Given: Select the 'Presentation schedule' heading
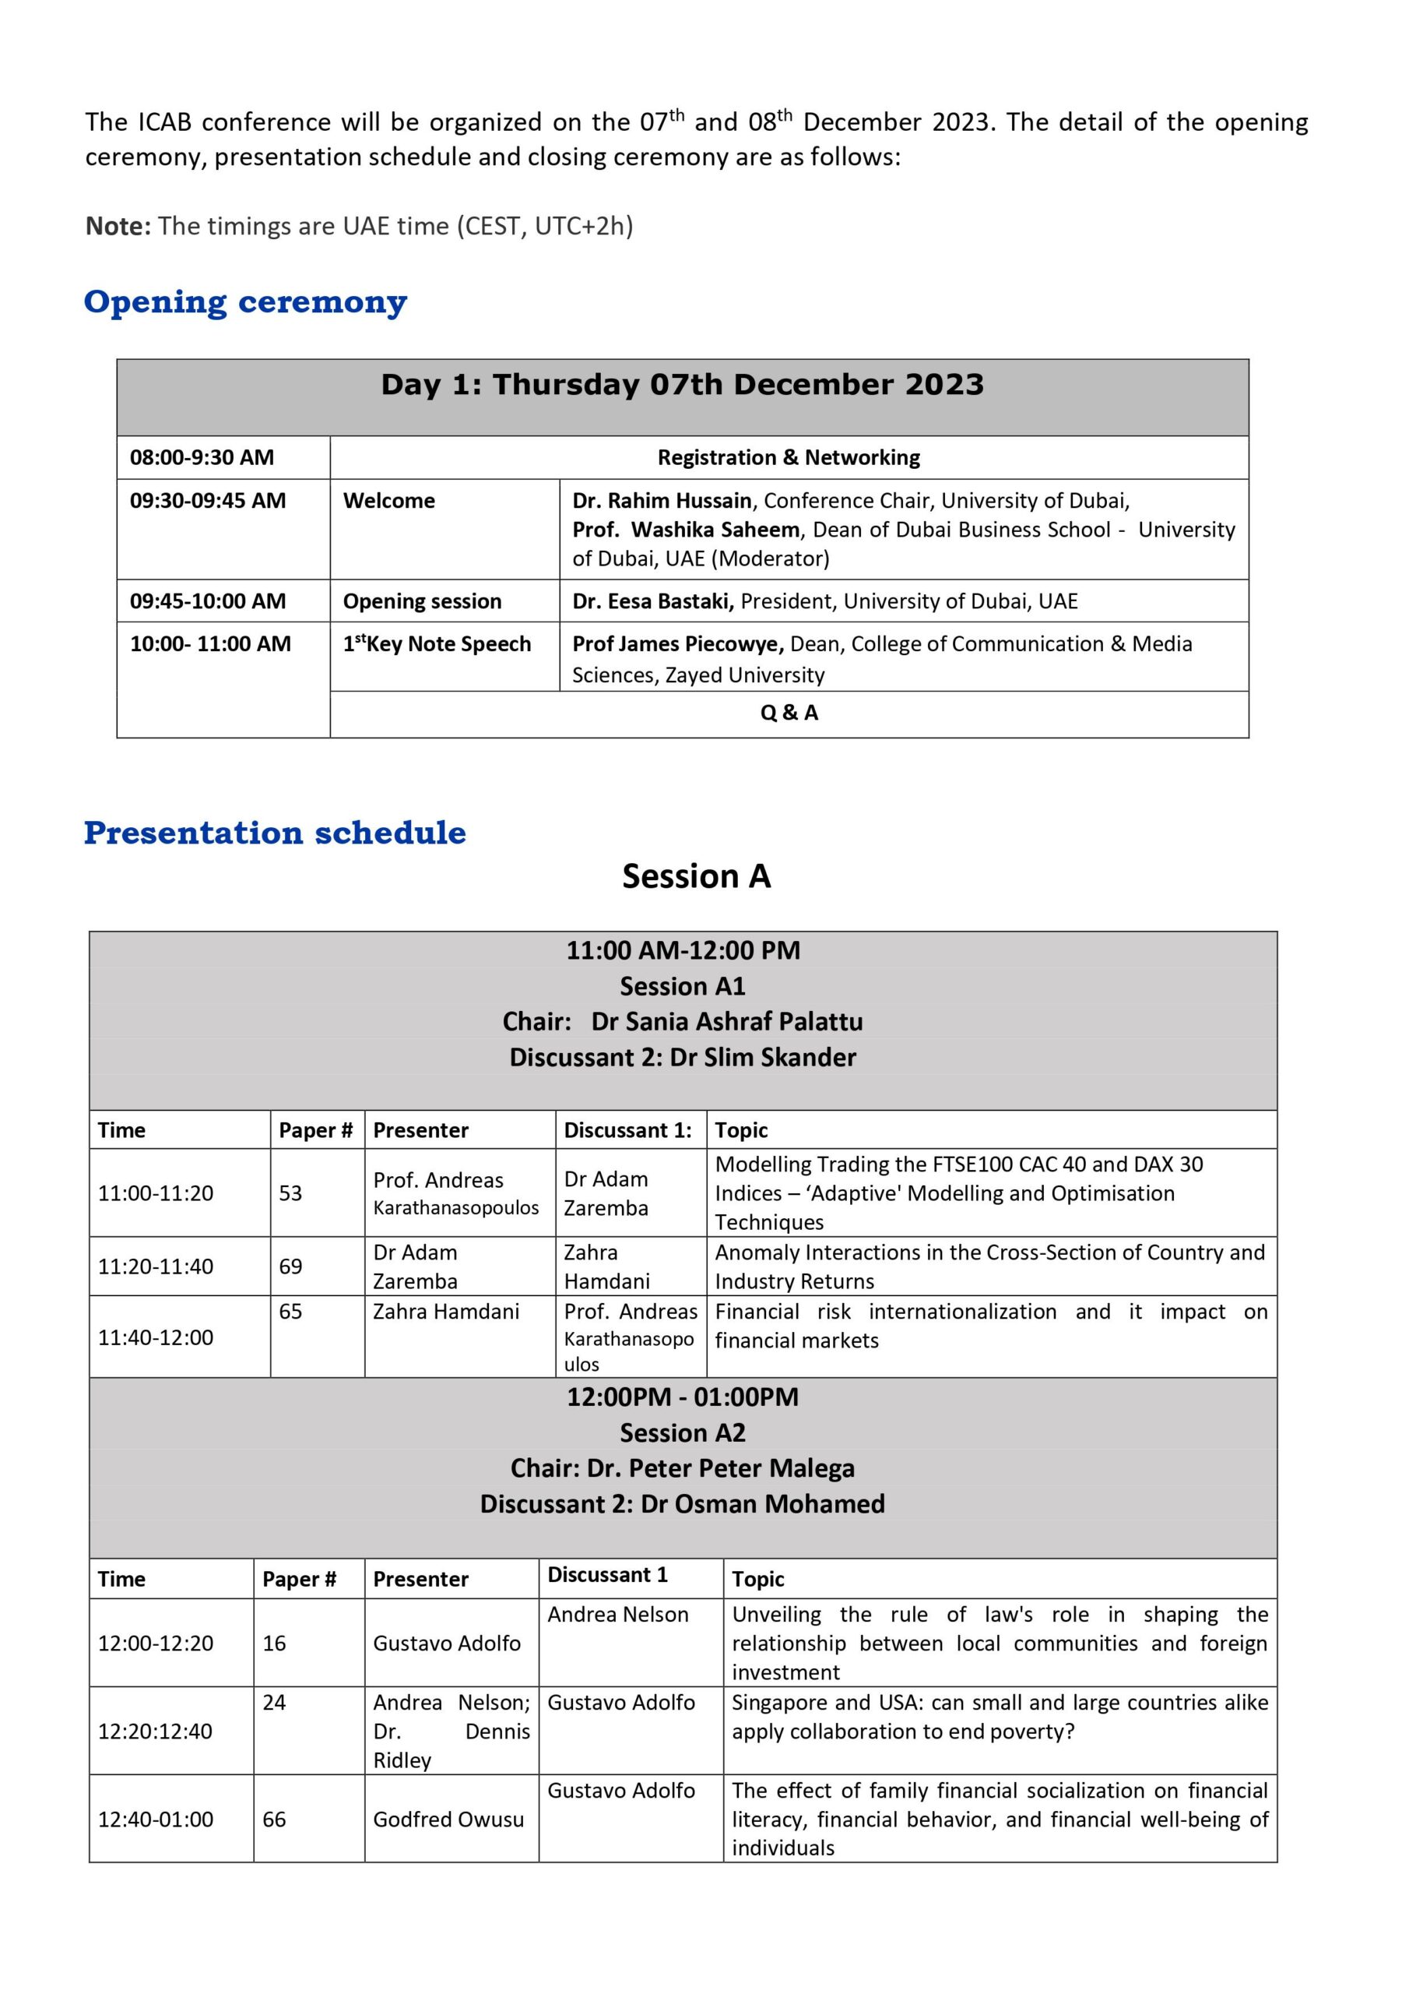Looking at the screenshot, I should coord(274,832).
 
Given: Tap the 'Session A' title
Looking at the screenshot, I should coord(696,876).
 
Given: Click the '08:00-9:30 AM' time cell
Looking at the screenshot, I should coord(202,458).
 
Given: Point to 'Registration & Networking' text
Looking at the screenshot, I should coord(789,458).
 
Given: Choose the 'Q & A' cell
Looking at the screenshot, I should coord(789,713).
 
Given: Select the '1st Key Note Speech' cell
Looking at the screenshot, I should coord(437,644).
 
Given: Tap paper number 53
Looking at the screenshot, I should coord(291,1193).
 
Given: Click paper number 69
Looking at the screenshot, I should coord(291,1267).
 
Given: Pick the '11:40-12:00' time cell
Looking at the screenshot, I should coord(156,1337).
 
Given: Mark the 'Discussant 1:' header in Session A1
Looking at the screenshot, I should coord(627,1130).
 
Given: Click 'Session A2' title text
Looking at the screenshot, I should coord(683,1433).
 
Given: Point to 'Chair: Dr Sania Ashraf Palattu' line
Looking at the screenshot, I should coord(683,1021).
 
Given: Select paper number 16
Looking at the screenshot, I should coord(274,1643).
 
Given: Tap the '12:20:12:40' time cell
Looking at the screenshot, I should coord(156,1731).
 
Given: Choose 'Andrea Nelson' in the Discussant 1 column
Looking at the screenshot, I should coord(618,1615).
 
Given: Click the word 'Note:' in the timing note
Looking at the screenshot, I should coord(118,227).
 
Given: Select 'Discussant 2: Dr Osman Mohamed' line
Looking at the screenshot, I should coord(683,1504).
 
